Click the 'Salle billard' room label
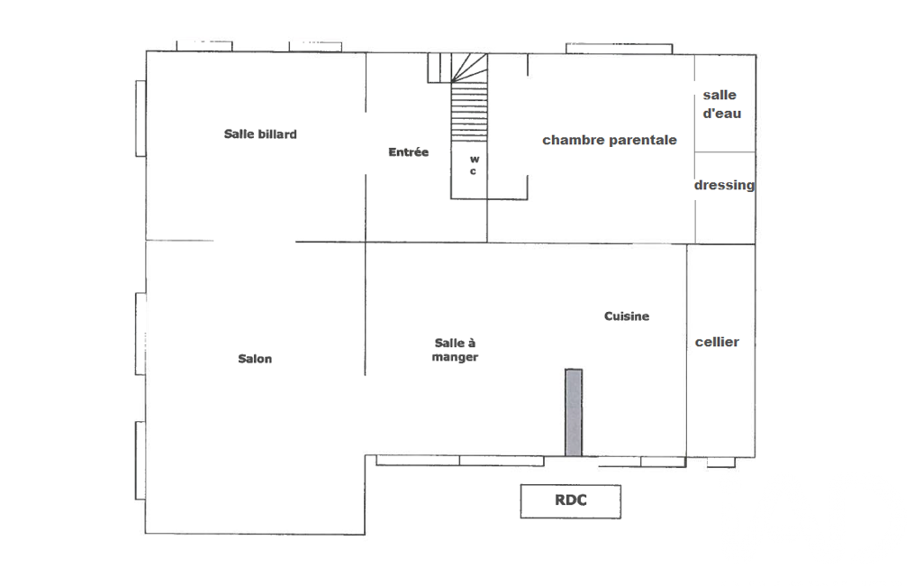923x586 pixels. (x=260, y=134)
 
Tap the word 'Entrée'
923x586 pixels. (x=409, y=152)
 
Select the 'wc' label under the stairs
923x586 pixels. (x=474, y=165)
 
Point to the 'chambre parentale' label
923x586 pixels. (x=610, y=141)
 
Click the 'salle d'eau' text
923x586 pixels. (x=721, y=105)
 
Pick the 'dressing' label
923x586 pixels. (x=724, y=185)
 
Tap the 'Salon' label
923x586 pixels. (x=255, y=359)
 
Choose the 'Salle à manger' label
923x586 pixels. (x=455, y=350)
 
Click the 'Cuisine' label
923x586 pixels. (x=627, y=316)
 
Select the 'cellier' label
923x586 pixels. (x=717, y=342)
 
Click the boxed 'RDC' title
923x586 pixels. (x=570, y=501)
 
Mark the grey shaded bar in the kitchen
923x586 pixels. (x=574, y=413)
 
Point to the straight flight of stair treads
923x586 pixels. (x=469, y=112)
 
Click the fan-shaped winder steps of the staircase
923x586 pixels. (x=469, y=68)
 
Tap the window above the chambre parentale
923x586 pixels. (x=620, y=49)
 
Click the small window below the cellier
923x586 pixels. (x=721, y=462)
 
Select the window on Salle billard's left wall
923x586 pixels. (x=141, y=118)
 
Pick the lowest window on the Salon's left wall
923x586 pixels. (x=140, y=461)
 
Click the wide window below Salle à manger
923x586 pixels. (x=460, y=461)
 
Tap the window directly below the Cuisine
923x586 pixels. (x=642, y=462)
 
